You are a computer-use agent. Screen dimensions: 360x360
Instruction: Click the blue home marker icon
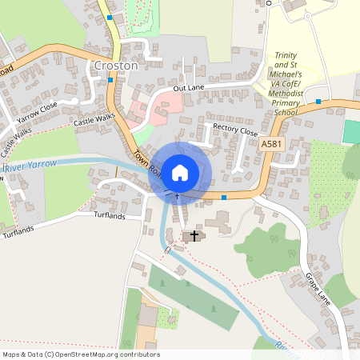[180, 171]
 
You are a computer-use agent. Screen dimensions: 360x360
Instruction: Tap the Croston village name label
[116, 66]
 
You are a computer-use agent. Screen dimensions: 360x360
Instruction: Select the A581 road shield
[272, 143]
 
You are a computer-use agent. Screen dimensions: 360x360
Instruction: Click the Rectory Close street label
[235, 130]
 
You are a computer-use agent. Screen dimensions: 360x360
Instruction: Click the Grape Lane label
[318, 285]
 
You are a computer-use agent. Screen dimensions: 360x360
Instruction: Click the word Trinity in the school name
[286, 55]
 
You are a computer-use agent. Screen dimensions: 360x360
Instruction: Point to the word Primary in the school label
[286, 103]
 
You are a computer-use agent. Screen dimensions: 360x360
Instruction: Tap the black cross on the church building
[194, 235]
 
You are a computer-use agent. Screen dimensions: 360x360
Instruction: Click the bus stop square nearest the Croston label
[110, 80]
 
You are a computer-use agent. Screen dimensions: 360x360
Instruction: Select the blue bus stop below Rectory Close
[225, 197]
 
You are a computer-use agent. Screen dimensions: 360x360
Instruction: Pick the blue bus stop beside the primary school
[318, 102]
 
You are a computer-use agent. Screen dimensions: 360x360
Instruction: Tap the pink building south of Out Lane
[170, 103]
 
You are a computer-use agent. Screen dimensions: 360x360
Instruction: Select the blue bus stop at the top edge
[109, 17]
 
